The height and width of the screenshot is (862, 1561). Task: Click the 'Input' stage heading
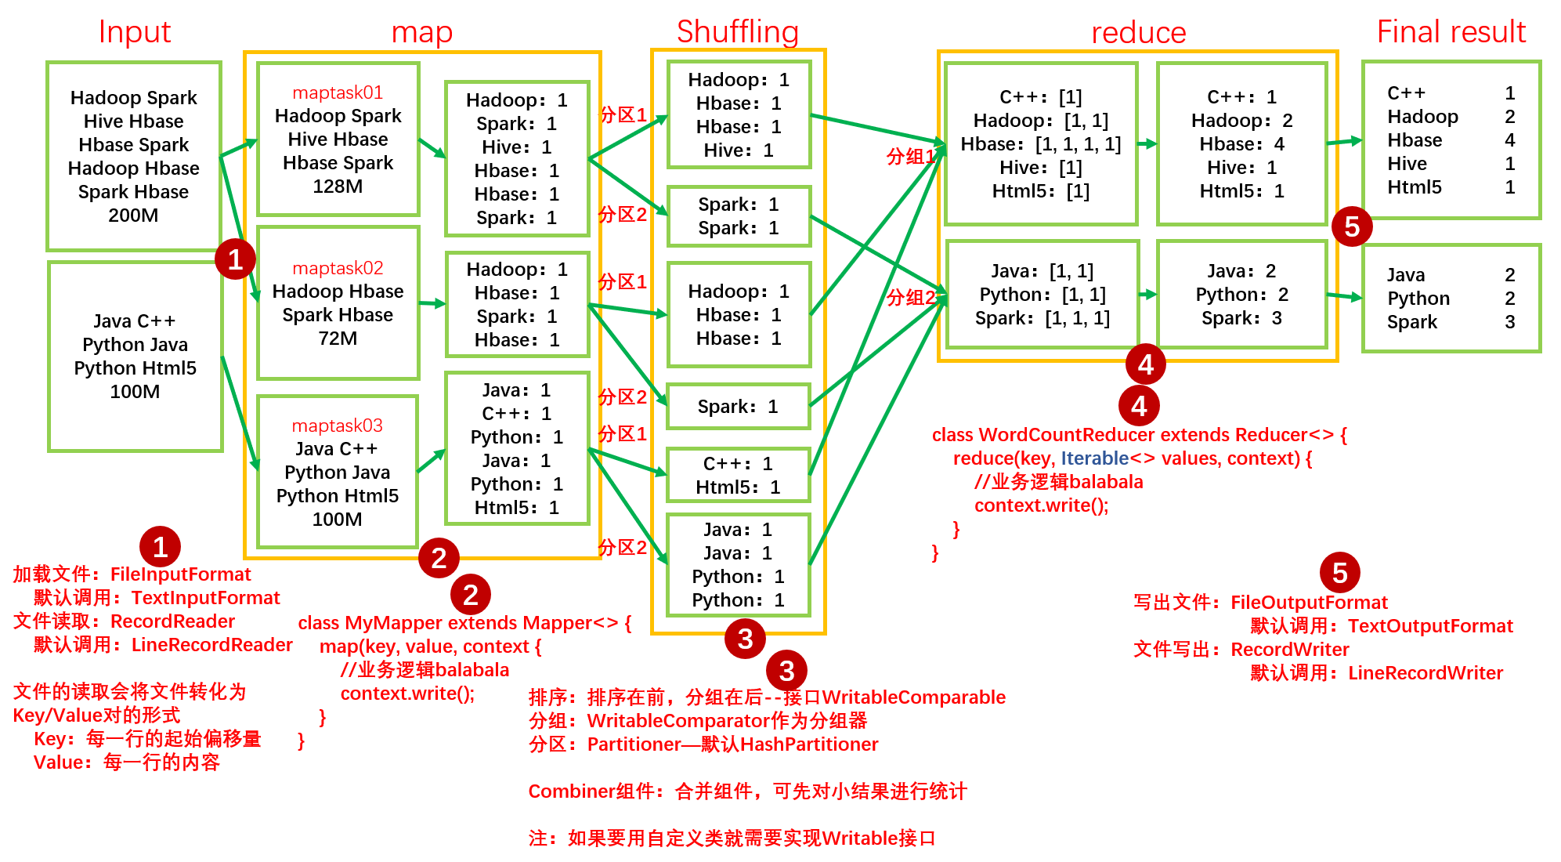point(134,32)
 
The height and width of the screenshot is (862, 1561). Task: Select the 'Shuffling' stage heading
point(737,32)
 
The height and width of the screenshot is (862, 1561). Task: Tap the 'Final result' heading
point(1451,32)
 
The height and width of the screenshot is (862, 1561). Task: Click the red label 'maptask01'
point(338,92)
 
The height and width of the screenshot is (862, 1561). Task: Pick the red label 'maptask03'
point(337,426)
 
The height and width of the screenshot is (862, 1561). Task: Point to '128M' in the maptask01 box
point(338,187)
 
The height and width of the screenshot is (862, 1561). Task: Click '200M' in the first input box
point(133,215)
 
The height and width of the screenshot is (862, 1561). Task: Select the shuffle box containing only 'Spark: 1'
point(737,407)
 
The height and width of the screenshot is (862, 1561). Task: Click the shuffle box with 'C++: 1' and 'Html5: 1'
point(737,476)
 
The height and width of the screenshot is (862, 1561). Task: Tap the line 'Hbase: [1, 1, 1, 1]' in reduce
point(1040,144)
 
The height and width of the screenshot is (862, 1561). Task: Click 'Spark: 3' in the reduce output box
point(1241,318)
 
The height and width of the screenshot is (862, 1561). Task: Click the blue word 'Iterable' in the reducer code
point(1094,458)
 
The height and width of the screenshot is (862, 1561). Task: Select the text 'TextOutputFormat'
point(1430,626)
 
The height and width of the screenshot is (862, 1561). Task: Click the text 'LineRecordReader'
point(211,645)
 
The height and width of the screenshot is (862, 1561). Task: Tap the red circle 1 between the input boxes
point(235,259)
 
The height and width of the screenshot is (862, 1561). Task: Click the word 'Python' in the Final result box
point(1418,299)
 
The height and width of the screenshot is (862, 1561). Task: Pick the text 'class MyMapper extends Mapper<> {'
point(464,623)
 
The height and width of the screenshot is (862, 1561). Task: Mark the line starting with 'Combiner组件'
point(747,791)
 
